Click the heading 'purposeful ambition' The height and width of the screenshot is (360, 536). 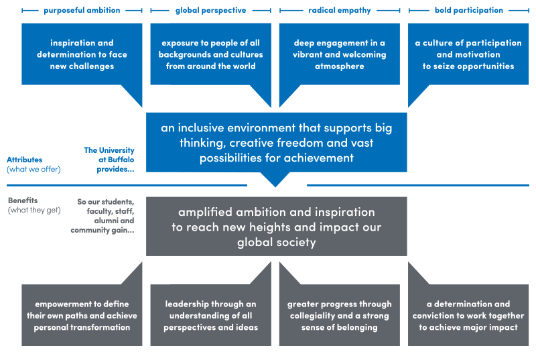[82, 11]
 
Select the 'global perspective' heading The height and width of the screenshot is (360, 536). [210, 11]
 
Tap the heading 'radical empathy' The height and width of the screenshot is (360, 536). [340, 11]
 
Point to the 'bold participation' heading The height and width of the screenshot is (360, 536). [468, 11]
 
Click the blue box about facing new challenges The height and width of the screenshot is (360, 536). [82, 54]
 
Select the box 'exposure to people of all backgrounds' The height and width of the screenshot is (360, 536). [210, 54]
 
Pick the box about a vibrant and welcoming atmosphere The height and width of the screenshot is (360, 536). [340, 54]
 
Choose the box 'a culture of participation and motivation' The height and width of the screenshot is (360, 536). [468, 54]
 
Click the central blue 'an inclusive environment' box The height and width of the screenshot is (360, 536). [276, 142]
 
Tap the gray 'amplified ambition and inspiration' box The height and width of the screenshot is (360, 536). [276, 227]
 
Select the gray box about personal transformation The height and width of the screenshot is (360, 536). [82, 315]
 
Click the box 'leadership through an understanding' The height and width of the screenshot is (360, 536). [210, 315]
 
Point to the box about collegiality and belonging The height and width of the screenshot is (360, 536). [340, 315]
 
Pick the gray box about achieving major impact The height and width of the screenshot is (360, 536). [468, 315]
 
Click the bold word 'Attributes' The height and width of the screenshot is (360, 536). [25, 160]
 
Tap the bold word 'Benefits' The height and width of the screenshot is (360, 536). [22, 200]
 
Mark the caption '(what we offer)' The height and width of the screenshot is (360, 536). [33, 169]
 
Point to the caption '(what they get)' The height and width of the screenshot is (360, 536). [33, 211]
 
